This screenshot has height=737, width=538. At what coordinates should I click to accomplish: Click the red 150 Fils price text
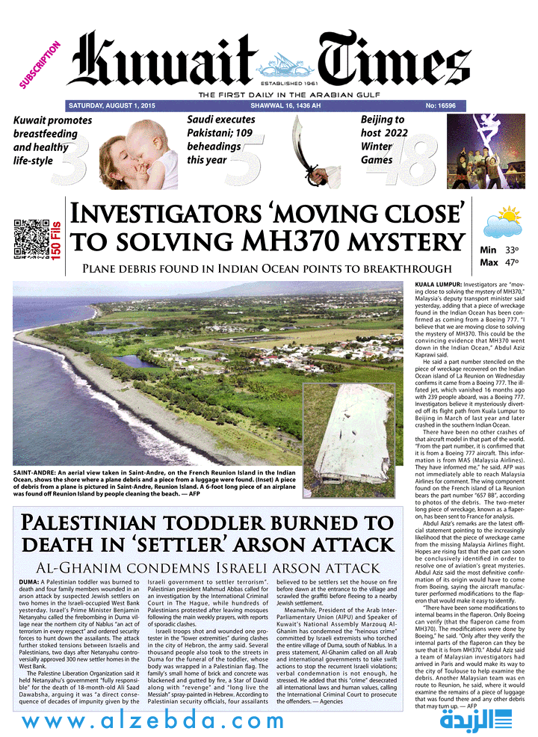coord(58,238)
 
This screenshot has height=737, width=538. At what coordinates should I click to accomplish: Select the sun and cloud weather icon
coord(503,222)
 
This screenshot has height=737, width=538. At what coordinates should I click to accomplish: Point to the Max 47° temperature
coord(499,262)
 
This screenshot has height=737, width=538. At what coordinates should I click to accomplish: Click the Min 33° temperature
coord(499,250)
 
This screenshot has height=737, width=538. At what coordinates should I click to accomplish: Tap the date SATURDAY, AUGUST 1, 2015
coord(112,106)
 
